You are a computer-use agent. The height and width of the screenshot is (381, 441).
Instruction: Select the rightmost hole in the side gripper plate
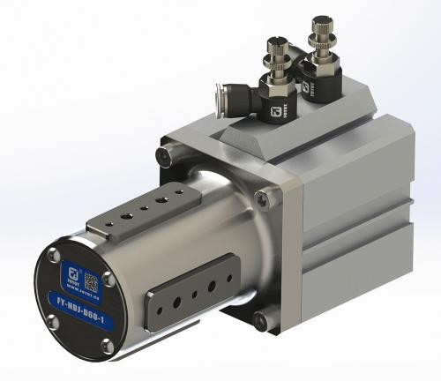point(225,275)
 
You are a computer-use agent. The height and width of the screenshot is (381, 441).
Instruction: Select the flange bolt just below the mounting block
point(262,196)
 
